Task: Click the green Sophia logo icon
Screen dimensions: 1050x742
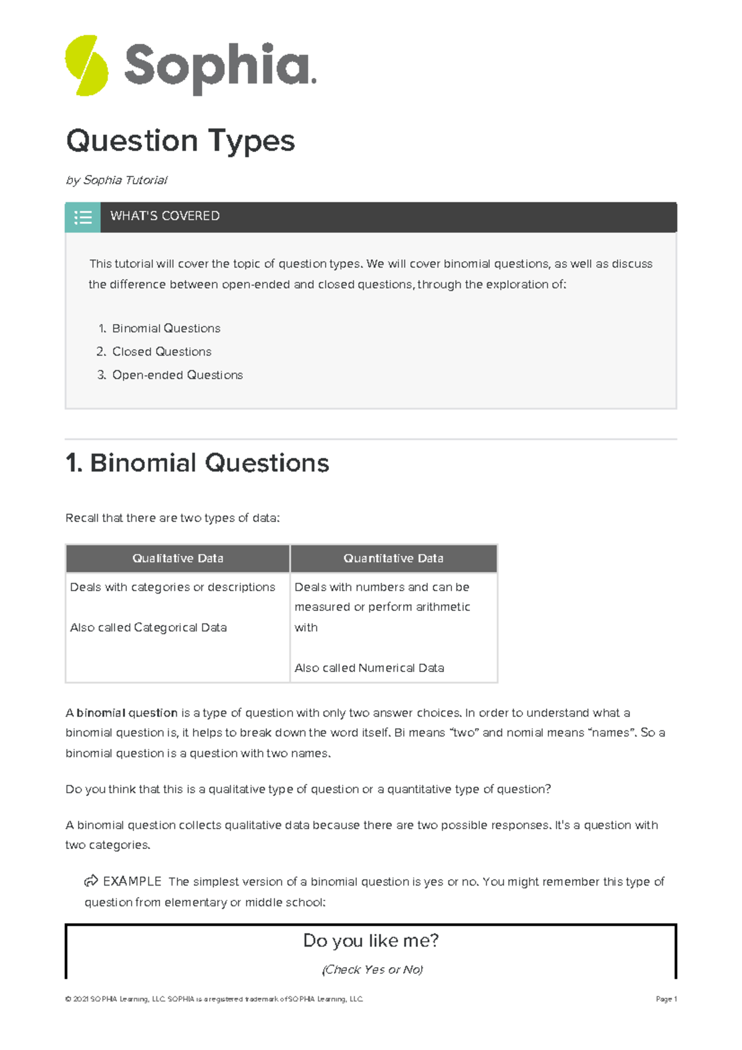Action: (x=87, y=66)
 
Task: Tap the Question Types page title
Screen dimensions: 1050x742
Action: (x=180, y=141)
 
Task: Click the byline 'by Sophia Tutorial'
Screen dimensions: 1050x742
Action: (x=116, y=180)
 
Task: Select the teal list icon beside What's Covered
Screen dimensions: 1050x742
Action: (x=83, y=217)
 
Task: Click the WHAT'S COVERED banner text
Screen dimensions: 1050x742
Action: (x=164, y=216)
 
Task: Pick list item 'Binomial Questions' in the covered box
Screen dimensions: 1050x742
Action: (x=166, y=328)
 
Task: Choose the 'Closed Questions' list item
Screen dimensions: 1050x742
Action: (x=161, y=352)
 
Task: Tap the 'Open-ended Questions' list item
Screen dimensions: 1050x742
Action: (x=177, y=375)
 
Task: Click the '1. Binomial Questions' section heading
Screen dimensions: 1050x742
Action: (x=197, y=463)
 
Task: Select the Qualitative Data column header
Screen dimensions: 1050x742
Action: (x=177, y=558)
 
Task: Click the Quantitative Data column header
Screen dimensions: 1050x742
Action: (x=393, y=558)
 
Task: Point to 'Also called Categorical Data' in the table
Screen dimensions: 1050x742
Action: (x=148, y=628)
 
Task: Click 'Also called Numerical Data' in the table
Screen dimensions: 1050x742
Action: (x=369, y=668)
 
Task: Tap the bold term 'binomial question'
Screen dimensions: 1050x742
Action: (x=127, y=713)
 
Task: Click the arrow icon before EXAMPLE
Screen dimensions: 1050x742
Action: (x=91, y=881)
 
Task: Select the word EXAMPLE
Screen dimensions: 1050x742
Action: (x=132, y=881)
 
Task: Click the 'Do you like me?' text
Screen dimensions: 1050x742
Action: (x=370, y=941)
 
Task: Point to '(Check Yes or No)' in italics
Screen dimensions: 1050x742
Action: (x=372, y=970)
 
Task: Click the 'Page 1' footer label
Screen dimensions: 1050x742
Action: (x=666, y=999)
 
